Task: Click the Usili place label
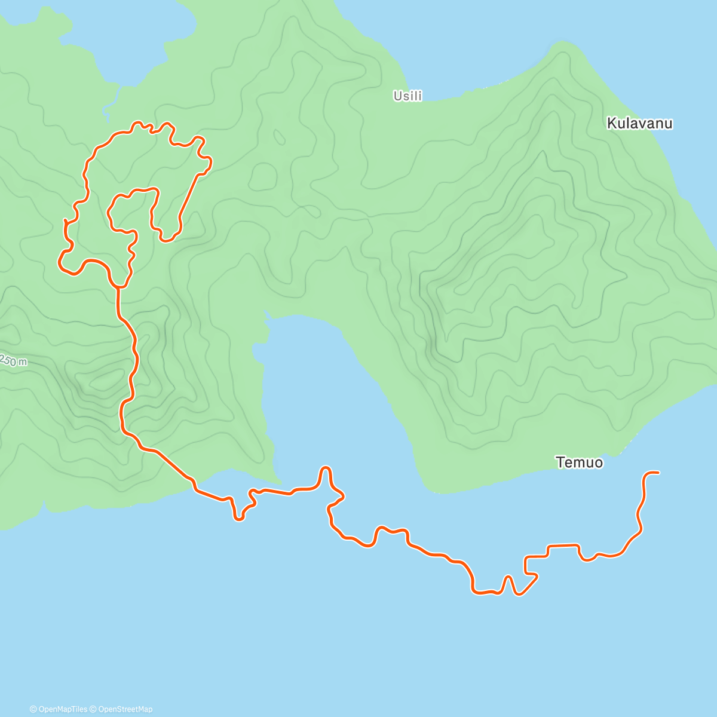pos(407,96)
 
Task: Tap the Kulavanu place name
pos(639,124)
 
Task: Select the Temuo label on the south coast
pos(579,462)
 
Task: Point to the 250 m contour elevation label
pos(13,360)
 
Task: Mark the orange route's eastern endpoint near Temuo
pos(658,473)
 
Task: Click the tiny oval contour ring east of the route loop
pos(278,137)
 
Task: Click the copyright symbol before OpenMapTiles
pos(33,709)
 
